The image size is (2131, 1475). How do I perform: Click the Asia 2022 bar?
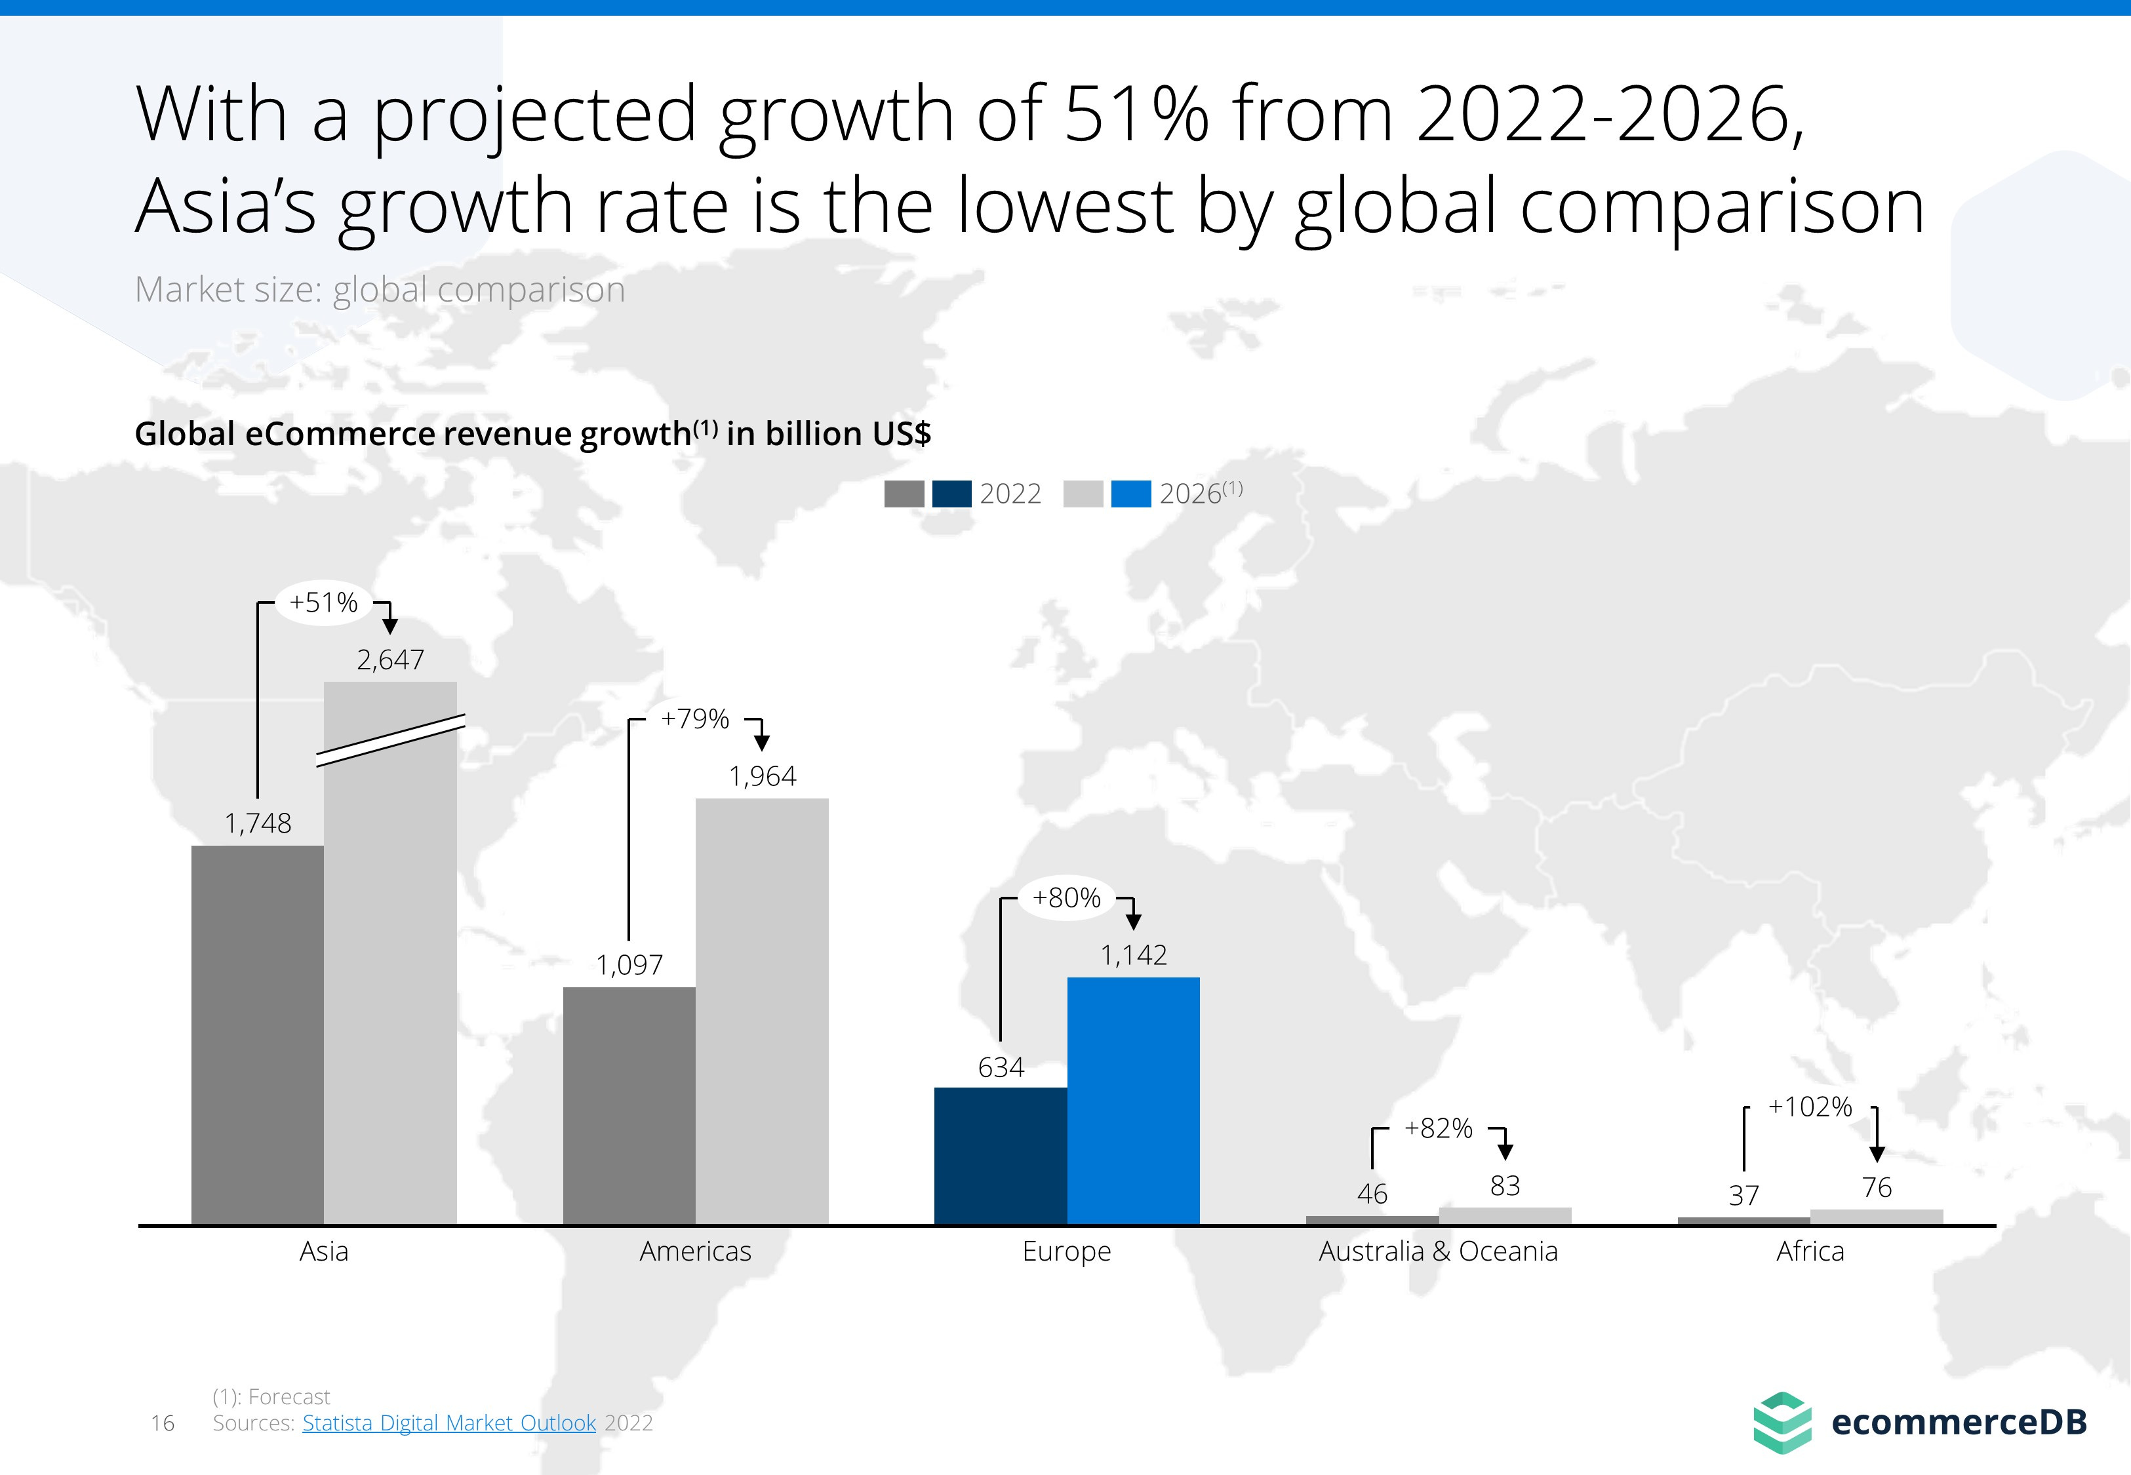point(257,1035)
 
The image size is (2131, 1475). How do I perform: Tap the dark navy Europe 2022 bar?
point(1000,1155)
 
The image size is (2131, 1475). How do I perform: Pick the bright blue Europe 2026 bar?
point(1133,1100)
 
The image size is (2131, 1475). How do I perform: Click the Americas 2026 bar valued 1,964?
point(761,1012)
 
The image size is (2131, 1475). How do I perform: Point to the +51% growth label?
point(323,602)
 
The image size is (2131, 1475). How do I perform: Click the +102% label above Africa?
point(1810,1107)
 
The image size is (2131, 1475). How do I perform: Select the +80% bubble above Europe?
point(1066,897)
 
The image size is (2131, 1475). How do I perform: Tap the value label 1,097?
point(629,965)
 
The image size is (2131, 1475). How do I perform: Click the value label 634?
point(1001,1067)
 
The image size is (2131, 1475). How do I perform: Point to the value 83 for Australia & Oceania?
point(1504,1186)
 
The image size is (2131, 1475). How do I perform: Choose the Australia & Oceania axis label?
point(1438,1251)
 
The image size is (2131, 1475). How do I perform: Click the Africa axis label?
point(1810,1251)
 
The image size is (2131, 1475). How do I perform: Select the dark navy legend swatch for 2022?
point(952,494)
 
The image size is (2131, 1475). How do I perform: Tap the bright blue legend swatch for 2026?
point(1130,494)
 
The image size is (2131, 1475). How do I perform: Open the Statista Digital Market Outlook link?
point(449,1423)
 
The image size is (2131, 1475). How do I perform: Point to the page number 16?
point(163,1423)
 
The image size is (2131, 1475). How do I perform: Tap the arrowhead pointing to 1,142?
point(1134,922)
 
